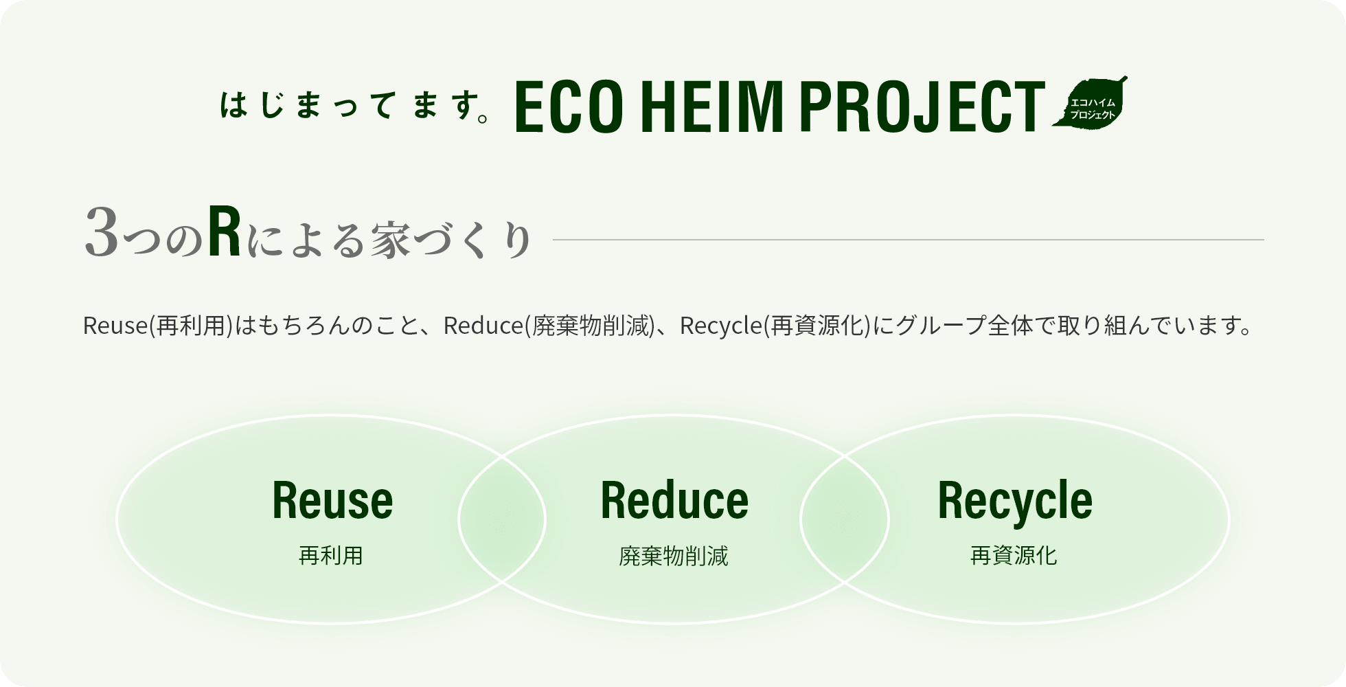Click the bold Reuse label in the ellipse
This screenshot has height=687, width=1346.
pyautogui.click(x=332, y=499)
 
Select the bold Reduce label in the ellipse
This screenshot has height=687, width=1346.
pyautogui.click(x=674, y=499)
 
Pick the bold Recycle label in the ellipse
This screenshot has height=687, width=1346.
pyautogui.click(x=1014, y=499)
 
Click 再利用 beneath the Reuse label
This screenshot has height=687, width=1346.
pyautogui.click(x=330, y=555)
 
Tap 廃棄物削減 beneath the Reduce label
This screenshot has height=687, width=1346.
pyautogui.click(x=673, y=556)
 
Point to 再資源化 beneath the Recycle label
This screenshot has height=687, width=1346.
pyautogui.click(x=1014, y=555)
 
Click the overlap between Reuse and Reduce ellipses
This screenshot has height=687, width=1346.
pyautogui.click(x=502, y=519)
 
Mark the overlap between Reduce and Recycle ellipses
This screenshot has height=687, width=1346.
pyautogui.click(x=844, y=519)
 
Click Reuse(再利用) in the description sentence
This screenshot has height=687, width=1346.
pyautogui.click(x=158, y=326)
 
